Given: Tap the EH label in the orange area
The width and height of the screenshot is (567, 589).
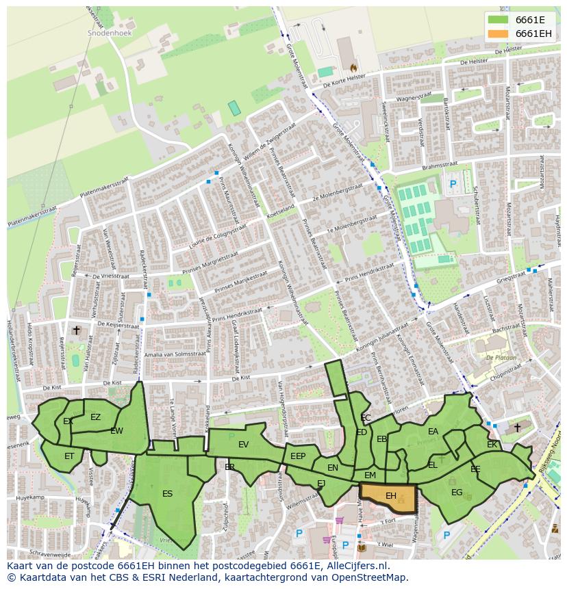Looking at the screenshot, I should (x=391, y=495).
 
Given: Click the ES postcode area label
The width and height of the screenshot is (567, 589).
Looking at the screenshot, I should (x=167, y=493).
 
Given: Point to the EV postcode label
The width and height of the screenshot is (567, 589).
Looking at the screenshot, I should (x=243, y=445).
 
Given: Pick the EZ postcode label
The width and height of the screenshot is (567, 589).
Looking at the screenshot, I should (x=95, y=417).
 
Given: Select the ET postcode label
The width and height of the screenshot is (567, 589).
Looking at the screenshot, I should (x=69, y=456).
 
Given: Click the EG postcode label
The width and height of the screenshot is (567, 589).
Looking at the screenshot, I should (x=457, y=492).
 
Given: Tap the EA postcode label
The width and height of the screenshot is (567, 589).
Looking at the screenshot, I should (x=433, y=432).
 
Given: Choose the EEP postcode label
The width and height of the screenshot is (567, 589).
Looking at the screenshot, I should (x=298, y=456).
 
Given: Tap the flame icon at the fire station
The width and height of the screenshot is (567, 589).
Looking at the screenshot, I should (x=353, y=68).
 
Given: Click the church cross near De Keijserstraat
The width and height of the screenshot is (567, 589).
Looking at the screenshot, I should (x=76, y=330).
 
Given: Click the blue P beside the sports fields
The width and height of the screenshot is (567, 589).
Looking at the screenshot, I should (x=453, y=184).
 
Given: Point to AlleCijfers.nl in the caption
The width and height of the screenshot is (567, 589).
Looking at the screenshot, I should (x=355, y=566).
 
